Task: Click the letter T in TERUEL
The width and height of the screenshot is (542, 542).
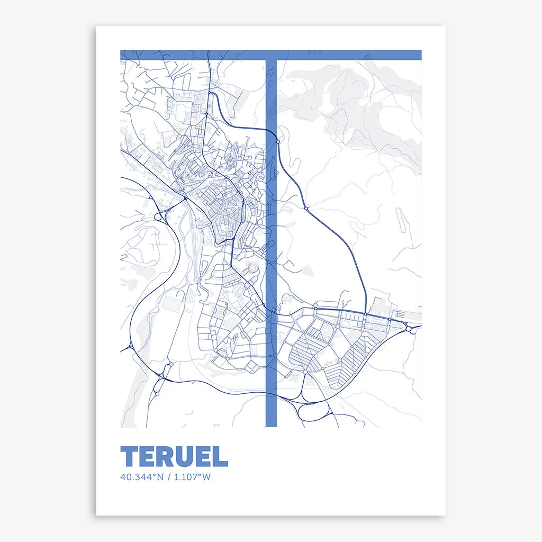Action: [x=130, y=456]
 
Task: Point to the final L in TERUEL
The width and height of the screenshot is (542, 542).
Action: [x=222, y=456]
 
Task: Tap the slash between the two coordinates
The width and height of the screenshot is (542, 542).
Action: [x=168, y=477]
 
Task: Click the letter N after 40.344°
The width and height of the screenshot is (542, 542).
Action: [x=159, y=477]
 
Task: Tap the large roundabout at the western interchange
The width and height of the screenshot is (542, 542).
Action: [x=158, y=216]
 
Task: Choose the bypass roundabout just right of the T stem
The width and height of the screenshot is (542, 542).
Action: [x=278, y=141]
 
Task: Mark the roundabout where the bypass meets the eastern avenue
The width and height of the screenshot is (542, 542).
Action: [x=365, y=315]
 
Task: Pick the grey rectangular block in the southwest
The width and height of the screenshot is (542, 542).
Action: [x=171, y=303]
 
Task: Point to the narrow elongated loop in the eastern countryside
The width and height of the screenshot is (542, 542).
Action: [x=402, y=222]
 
